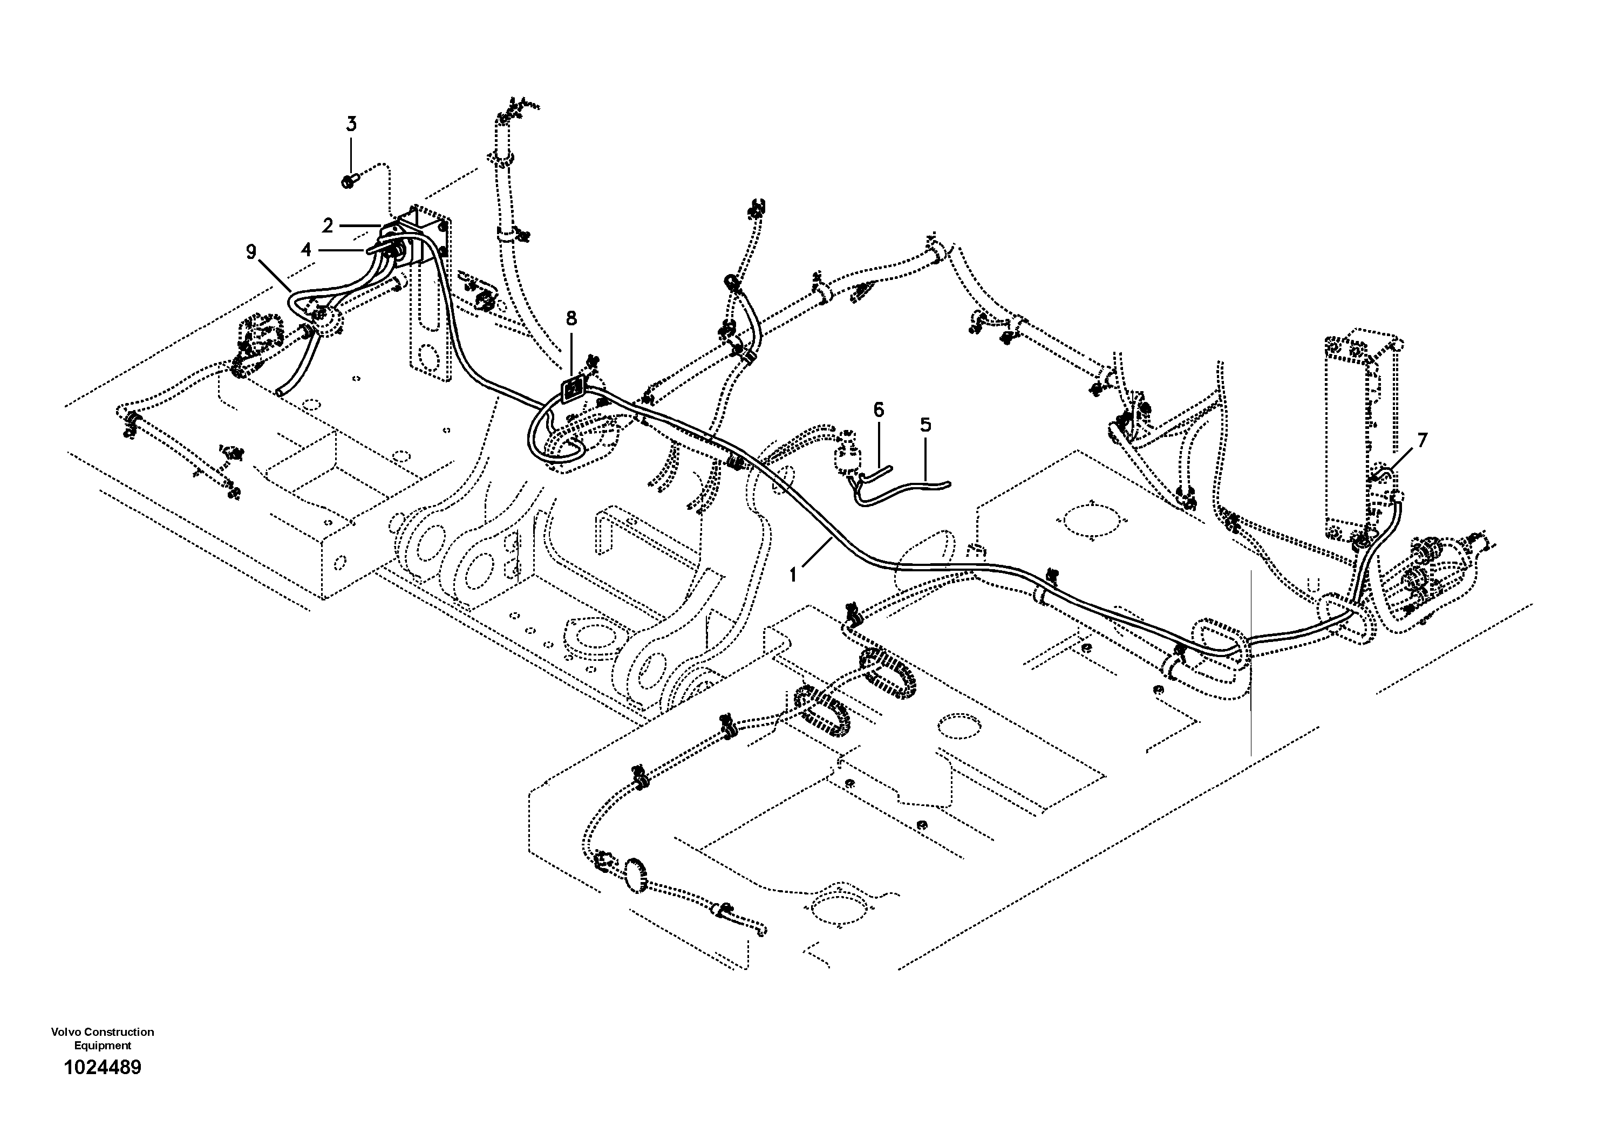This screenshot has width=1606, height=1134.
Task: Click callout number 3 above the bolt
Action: click(x=351, y=125)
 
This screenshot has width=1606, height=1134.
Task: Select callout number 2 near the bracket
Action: click(x=328, y=226)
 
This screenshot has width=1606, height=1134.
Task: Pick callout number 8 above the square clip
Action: click(x=571, y=319)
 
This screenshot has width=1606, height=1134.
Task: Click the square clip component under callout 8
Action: click(x=574, y=390)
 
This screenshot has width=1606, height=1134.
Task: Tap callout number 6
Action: click(x=879, y=409)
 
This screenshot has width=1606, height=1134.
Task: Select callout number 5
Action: click(x=926, y=425)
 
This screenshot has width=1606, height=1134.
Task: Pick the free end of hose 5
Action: click(x=945, y=482)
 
